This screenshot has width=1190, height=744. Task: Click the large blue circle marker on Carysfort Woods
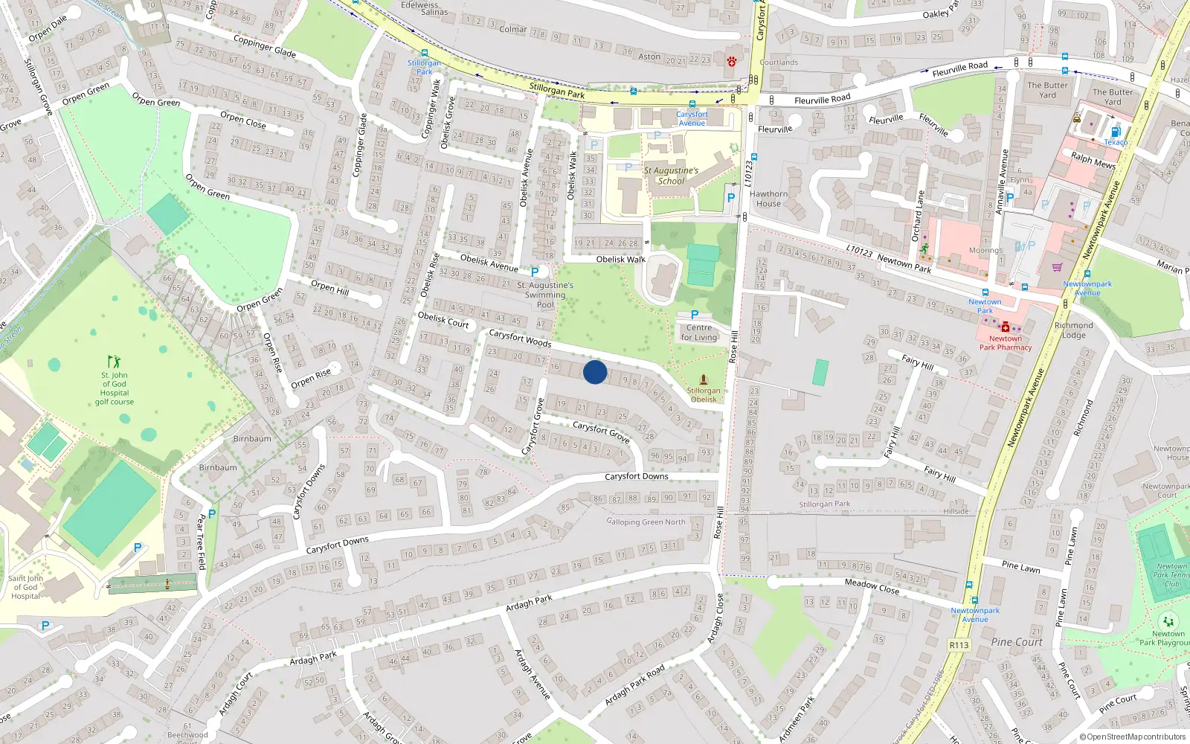[595, 372]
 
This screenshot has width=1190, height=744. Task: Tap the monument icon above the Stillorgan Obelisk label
[704, 379]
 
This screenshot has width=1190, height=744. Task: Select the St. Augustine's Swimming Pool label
[545, 295]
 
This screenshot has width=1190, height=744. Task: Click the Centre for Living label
[699, 333]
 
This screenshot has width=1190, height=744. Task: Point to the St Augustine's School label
[671, 176]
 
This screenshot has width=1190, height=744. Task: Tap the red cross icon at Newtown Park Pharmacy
[1006, 327]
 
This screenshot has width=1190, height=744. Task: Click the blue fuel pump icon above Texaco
[1115, 132]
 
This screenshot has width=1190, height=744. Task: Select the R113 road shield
[959, 645]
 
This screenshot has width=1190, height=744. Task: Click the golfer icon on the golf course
[114, 362]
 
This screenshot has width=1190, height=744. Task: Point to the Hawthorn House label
[768, 199]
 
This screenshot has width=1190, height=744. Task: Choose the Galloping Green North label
[646, 522]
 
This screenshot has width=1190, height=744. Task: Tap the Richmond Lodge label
[1074, 330]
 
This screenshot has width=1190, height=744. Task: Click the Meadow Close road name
[872, 586]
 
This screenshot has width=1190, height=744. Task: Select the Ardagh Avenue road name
[533, 674]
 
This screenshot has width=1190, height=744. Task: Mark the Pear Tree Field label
[201, 542]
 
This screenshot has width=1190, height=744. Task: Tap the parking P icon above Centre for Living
[695, 315]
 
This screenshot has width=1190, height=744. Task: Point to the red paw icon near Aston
[732, 62]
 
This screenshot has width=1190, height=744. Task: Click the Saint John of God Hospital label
[25, 587]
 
